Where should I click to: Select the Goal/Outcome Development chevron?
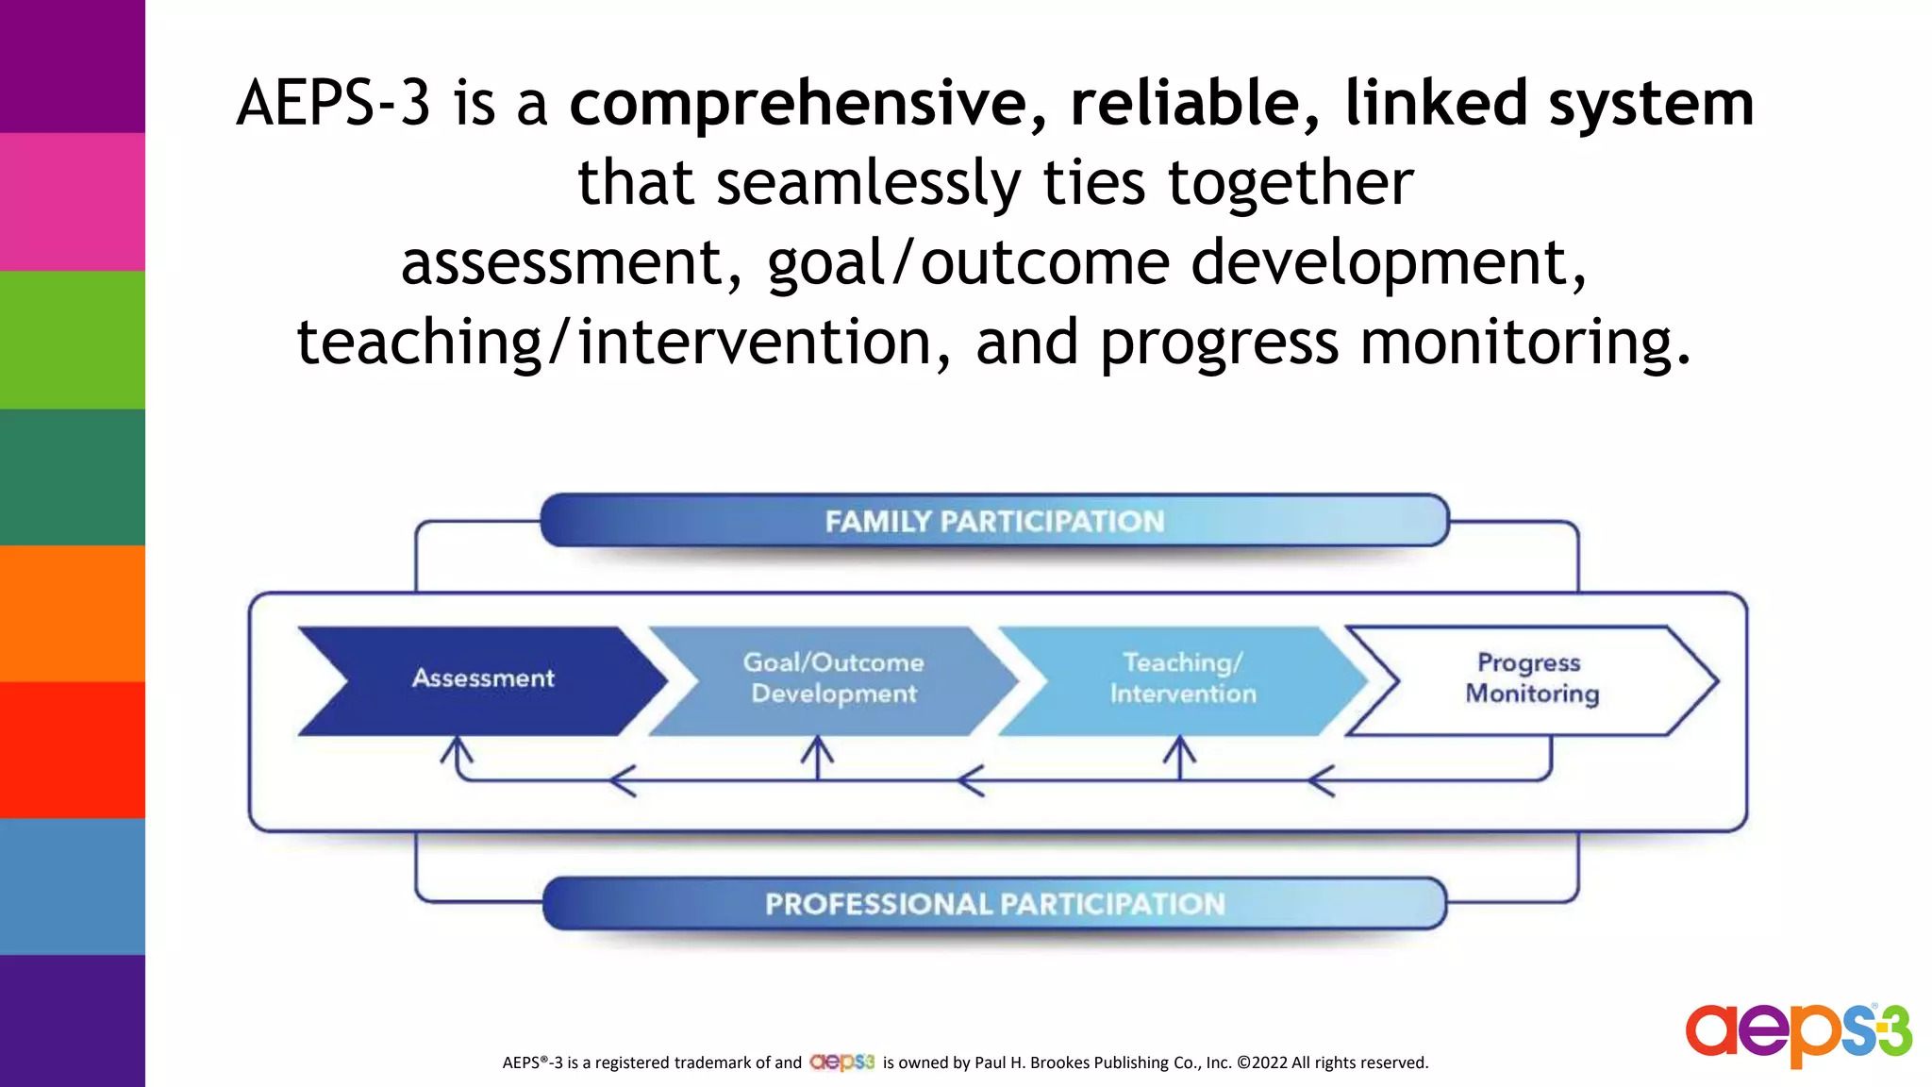coord(833,679)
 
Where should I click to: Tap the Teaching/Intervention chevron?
coord(1183,679)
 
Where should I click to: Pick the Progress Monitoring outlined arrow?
coord(1531,679)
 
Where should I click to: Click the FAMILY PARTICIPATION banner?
coord(994,521)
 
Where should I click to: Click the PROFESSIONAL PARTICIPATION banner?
coord(994,904)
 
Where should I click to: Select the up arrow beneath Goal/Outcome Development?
coord(817,756)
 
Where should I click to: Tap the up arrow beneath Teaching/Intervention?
coord(1179,756)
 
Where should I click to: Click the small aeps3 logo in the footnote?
coord(841,1062)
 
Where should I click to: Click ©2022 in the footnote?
coord(1261,1062)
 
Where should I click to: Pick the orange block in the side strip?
coord(73,613)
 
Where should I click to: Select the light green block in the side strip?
coord(73,340)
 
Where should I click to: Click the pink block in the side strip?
coord(73,202)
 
